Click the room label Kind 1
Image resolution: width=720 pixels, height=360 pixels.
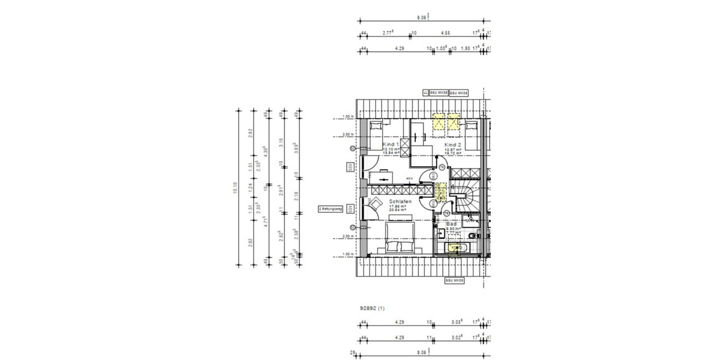click(391, 145)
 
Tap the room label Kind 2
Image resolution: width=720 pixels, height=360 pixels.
click(452, 145)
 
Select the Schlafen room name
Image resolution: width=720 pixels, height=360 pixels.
click(399, 202)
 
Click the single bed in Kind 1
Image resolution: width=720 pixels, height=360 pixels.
click(376, 127)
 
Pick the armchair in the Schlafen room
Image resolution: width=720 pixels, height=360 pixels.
click(374, 204)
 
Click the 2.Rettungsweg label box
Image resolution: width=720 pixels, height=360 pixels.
click(331, 209)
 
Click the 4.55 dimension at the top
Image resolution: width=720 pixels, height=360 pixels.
click(446, 34)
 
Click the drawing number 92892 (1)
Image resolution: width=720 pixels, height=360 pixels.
click(373, 308)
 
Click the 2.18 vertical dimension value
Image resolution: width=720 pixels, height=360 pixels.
click(296, 196)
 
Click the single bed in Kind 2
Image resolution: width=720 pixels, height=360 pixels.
click(472, 127)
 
